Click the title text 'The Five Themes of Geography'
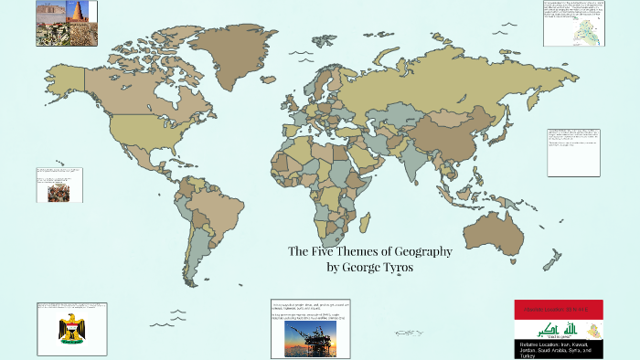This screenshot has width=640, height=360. (x=370, y=250)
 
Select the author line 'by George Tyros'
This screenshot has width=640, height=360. (x=370, y=267)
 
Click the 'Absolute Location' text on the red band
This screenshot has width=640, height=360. (x=558, y=310)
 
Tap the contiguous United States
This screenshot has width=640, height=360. (x=137, y=128)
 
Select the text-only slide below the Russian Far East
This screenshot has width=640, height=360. (x=573, y=152)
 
